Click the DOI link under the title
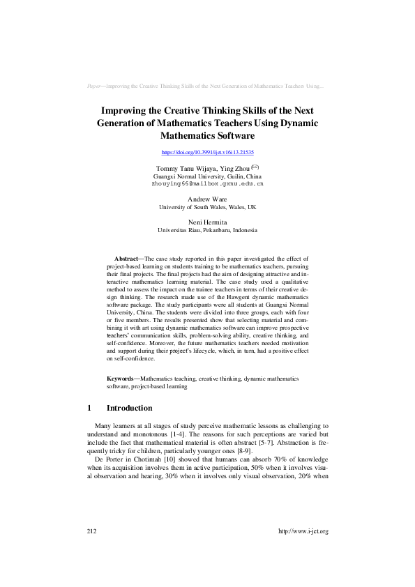coord(207,152)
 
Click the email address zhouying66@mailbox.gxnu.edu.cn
coord(207,184)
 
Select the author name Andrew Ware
coord(207,199)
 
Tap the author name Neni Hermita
coord(207,222)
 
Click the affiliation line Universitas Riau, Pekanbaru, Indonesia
coord(207,230)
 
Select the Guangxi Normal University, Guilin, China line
coord(207,177)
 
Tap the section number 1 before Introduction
coord(89,408)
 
